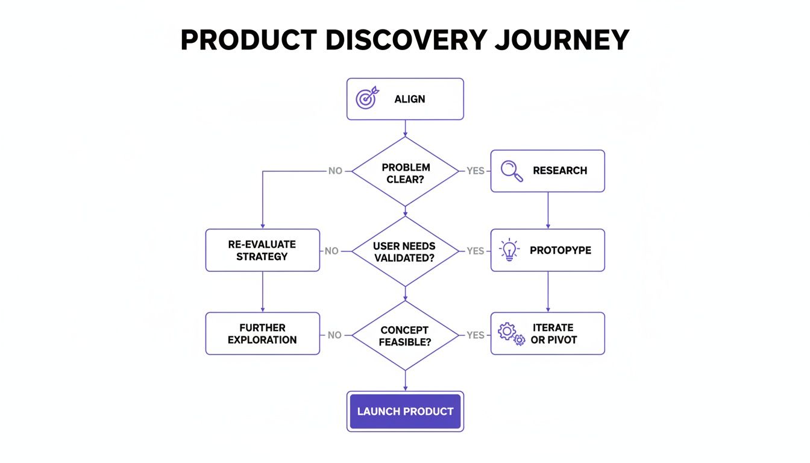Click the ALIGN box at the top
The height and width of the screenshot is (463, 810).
click(x=405, y=99)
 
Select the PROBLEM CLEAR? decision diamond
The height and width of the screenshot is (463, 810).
click(x=405, y=171)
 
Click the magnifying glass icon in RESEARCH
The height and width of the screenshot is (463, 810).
click(x=512, y=171)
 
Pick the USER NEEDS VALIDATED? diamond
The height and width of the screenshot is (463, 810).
click(x=405, y=251)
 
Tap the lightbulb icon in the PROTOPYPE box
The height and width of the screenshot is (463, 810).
click(x=510, y=250)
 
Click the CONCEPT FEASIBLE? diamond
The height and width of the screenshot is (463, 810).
click(x=405, y=335)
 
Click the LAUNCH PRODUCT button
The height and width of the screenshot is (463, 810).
click(x=405, y=411)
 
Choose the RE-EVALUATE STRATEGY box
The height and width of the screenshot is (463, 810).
click(x=263, y=250)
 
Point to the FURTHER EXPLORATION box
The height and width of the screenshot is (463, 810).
click(x=263, y=333)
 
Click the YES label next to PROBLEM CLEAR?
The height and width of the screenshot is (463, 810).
click(x=476, y=171)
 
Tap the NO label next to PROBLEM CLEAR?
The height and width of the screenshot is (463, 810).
click(x=335, y=171)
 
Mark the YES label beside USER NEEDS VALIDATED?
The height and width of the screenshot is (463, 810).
click(x=476, y=251)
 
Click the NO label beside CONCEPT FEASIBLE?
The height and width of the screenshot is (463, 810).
click(x=334, y=335)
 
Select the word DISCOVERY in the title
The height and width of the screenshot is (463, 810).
click(x=405, y=40)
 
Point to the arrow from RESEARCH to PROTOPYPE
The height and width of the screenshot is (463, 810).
click(x=548, y=210)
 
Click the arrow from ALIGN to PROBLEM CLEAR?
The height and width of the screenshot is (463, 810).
click(x=405, y=128)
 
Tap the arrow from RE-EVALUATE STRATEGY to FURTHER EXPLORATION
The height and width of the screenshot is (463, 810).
click(x=263, y=292)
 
